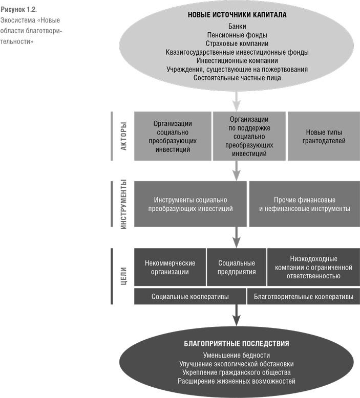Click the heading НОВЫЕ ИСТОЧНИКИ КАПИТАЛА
coord(236,15)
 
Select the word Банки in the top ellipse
coord(236,26)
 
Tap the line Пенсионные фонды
coord(236,34)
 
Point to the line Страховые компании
coord(236,43)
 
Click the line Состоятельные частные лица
coord(237,78)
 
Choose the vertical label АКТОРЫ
coord(123,136)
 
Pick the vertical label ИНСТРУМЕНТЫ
coord(123,204)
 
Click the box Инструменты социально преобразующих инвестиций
coord(190,204)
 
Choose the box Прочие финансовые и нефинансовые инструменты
coord(304,204)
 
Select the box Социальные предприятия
coord(237,268)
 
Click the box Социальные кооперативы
coord(190,296)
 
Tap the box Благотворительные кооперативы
coord(304,296)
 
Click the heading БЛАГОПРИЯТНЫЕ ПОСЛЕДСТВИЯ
coord(236,344)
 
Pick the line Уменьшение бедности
coord(236,355)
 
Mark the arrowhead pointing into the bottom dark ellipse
coord(236,321)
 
